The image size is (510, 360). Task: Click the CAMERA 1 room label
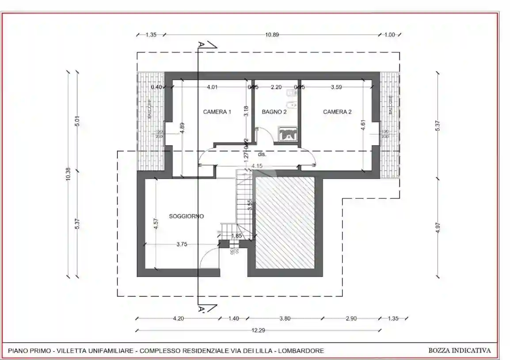point(217,112)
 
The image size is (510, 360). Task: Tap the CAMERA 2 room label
point(337,112)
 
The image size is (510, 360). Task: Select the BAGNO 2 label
point(274,112)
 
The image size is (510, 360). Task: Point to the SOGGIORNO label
point(186,216)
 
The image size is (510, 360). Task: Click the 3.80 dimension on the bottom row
point(285,318)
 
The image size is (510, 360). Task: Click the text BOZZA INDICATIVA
point(459,351)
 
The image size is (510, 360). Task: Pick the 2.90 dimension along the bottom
point(350,318)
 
